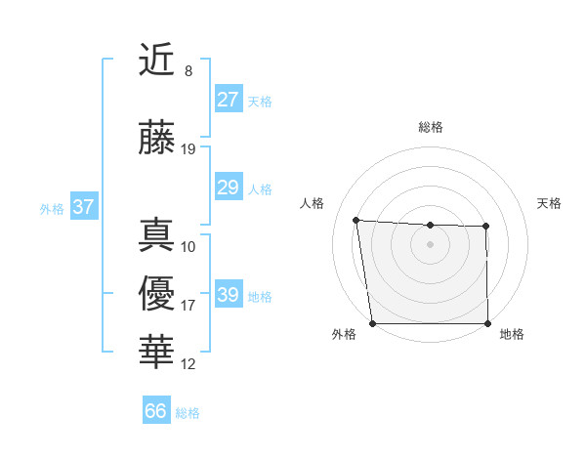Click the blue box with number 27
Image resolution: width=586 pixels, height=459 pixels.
click(228, 100)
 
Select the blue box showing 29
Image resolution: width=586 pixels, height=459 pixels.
click(228, 188)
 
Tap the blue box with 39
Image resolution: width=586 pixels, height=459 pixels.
click(228, 295)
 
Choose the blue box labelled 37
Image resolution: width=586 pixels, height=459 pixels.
click(83, 207)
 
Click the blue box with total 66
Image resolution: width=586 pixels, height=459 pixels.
click(156, 411)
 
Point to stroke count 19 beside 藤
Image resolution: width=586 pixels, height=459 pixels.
click(188, 149)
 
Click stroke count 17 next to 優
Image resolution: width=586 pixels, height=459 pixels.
click(188, 306)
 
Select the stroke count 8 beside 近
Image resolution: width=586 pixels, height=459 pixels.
click(188, 71)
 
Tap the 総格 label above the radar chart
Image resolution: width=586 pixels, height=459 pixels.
click(430, 127)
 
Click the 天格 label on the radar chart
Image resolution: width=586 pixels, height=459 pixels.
click(549, 203)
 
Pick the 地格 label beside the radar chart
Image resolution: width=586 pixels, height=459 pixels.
click(512, 334)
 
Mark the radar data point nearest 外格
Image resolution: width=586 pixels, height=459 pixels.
click(372, 323)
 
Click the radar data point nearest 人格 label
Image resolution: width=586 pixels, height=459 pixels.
click(356, 220)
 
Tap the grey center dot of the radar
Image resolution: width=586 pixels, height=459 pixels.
click(430, 244)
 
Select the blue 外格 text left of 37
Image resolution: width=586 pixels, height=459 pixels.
click(52, 208)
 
